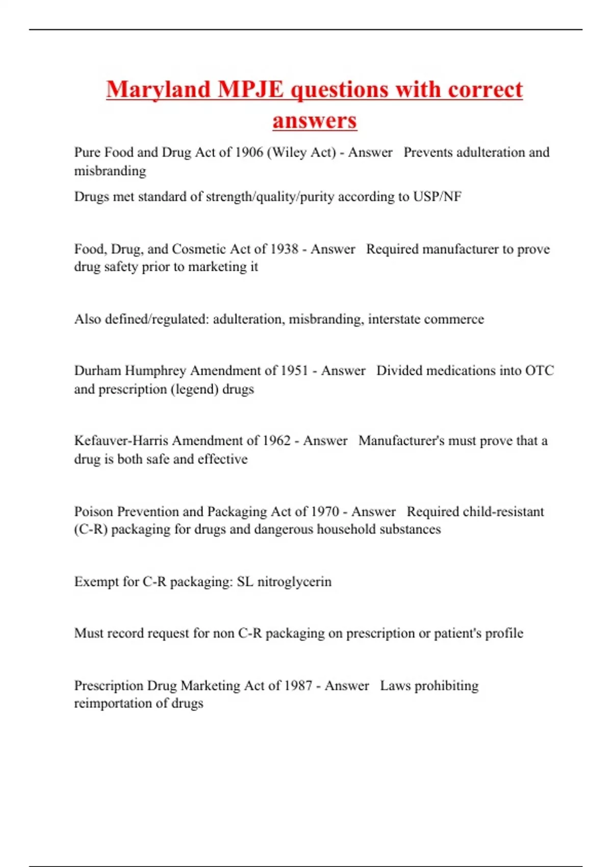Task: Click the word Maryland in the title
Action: (158, 90)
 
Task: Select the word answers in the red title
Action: (315, 121)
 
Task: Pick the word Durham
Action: (97, 371)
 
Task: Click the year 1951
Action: (294, 371)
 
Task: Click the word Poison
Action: (93, 512)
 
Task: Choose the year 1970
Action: (325, 512)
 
